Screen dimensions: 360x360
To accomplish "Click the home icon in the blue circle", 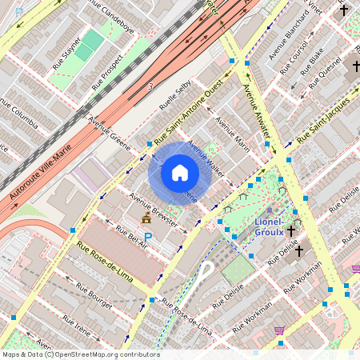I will pyautogui.click(x=180, y=173).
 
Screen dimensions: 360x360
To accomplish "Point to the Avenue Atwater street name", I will pyautogui.click(x=258, y=111).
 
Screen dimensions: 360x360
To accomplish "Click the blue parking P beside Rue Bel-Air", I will pyautogui.click(x=147, y=238).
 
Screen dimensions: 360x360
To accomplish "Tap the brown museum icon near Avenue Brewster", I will pyautogui.click(x=146, y=218).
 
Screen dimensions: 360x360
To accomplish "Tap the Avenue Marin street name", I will pyautogui.click(x=232, y=133).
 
